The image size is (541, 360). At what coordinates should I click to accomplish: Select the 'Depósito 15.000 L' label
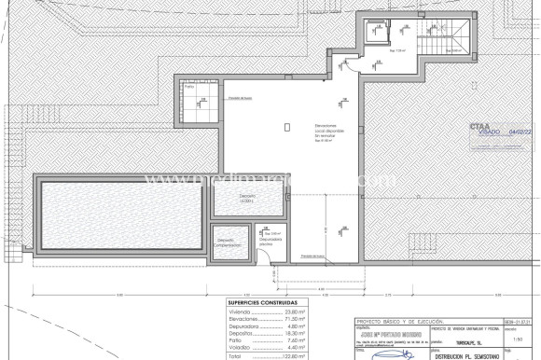pos(247,198)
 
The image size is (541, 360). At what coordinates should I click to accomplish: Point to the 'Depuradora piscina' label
pos(270,241)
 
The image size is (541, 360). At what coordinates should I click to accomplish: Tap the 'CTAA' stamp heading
pos(479,125)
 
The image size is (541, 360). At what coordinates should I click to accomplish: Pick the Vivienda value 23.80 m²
pos(283,312)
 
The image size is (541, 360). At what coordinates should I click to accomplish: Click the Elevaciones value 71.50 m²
pos(283,319)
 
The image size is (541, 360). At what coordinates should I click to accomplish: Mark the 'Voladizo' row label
pos(241,348)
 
